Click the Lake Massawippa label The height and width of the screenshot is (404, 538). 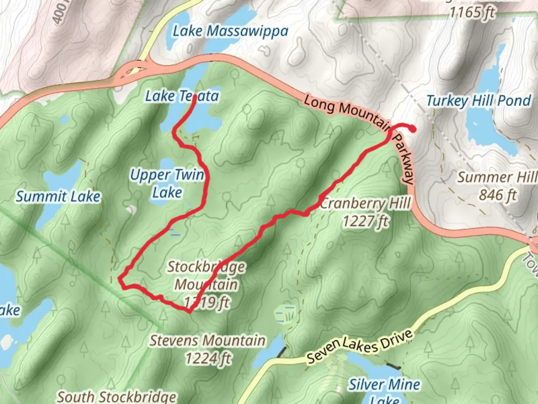point(230,31)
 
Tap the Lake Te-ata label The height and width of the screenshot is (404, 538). point(182,97)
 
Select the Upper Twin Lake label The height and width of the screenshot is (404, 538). point(167,183)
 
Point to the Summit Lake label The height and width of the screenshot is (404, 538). point(58,197)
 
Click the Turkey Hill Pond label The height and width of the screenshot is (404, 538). point(479,101)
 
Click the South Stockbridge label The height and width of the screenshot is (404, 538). point(117,397)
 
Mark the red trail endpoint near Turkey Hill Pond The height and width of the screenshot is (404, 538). point(413,129)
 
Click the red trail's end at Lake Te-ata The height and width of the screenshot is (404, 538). point(195,97)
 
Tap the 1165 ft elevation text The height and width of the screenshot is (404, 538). point(471,13)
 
